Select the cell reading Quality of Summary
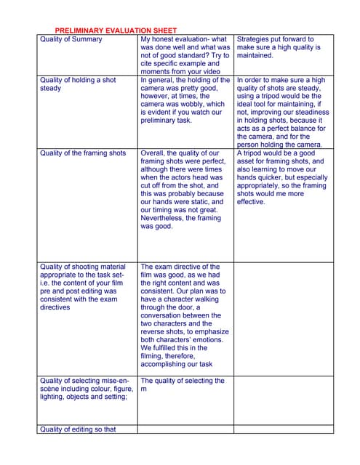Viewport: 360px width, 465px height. pos(71,39)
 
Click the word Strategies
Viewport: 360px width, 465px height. pos(256,39)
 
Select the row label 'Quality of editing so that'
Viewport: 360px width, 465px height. pos(78,429)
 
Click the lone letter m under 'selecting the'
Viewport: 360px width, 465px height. pos(144,389)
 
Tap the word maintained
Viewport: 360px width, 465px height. pos(255,55)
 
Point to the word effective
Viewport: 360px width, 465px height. pos(252,202)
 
